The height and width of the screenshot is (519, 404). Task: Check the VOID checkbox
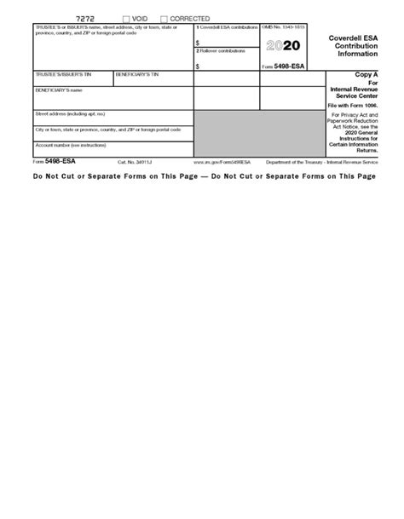126,19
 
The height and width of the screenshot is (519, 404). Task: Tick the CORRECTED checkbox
164,19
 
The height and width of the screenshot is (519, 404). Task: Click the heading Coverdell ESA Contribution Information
355,44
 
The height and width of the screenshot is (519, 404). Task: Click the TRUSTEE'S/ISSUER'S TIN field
72,80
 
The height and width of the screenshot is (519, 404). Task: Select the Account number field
113,151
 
